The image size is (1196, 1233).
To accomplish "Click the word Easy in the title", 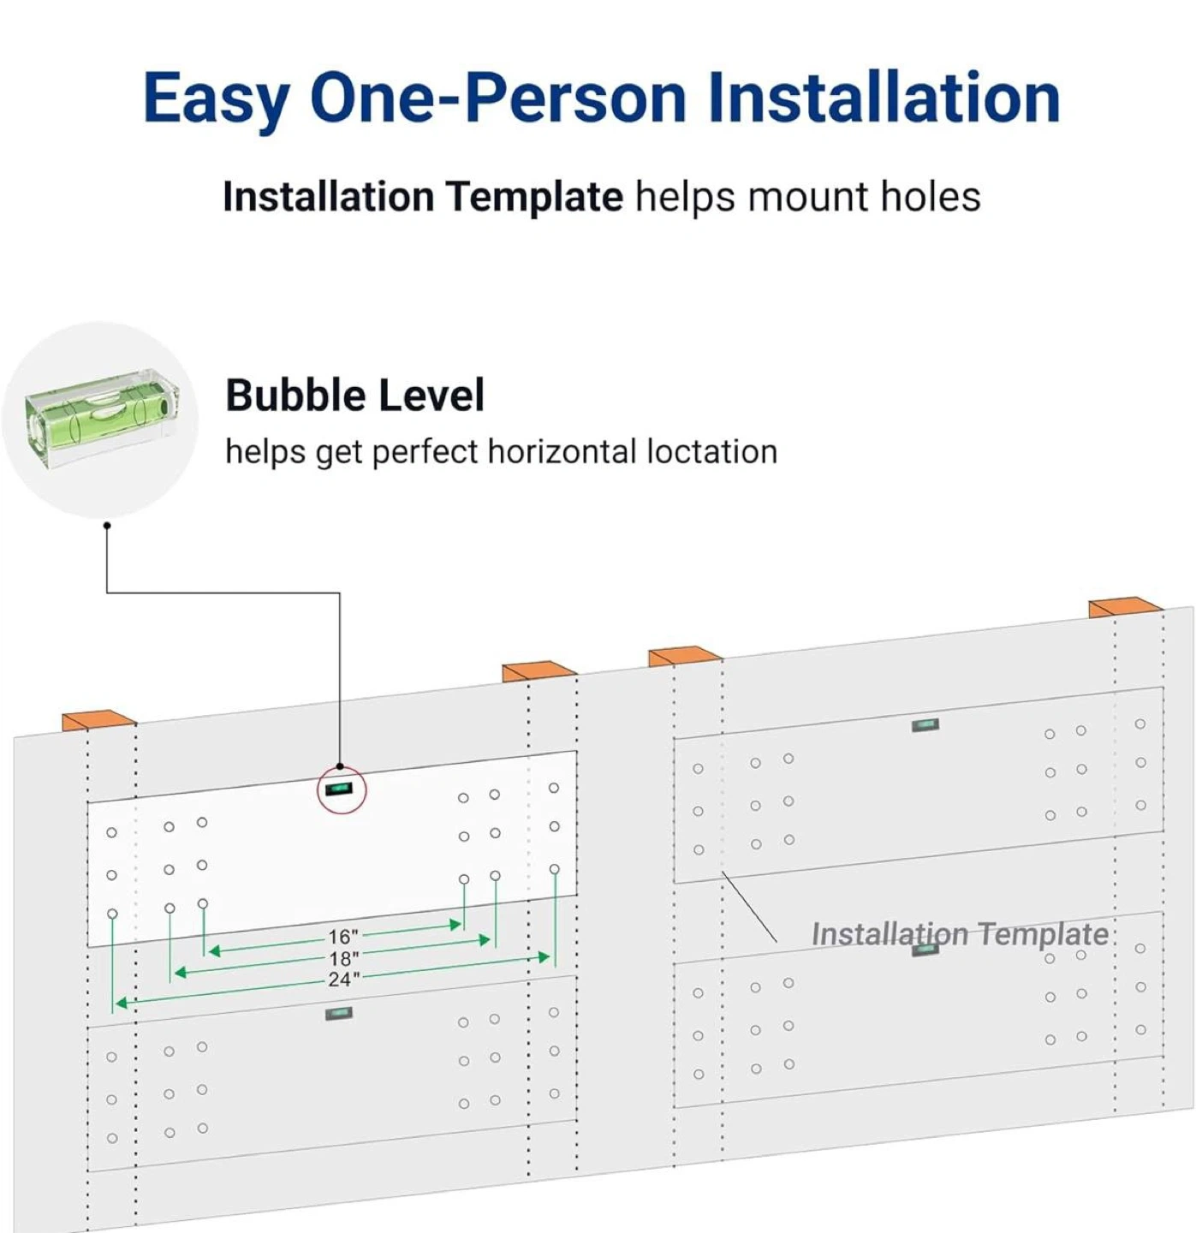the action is pyautogui.click(x=217, y=98).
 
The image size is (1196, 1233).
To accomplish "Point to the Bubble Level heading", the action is pyautogui.click(x=354, y=396).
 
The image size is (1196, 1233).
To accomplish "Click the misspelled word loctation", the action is pyautogui.click(x=711, y=452).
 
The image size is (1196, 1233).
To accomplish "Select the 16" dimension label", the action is pyautogui.click(x=343, y=937).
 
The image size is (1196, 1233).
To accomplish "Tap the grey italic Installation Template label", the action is pyautogui.click(x=960, y=934).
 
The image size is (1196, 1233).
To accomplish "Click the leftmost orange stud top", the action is pyautogui.click(x=98, y=720).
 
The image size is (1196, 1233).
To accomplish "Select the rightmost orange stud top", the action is pyautogui.click(x=1125, y=608).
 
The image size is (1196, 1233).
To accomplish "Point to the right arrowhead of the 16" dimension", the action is pyautogui.click(x=455, y=925).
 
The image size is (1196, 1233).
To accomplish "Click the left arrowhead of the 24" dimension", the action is pyautogui.click(x=122, y=1003).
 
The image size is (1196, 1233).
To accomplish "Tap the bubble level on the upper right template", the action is pyautogui.click(x=925, y=725).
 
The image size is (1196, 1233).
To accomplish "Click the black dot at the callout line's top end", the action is pyautogui.click(x=107, y=525).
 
